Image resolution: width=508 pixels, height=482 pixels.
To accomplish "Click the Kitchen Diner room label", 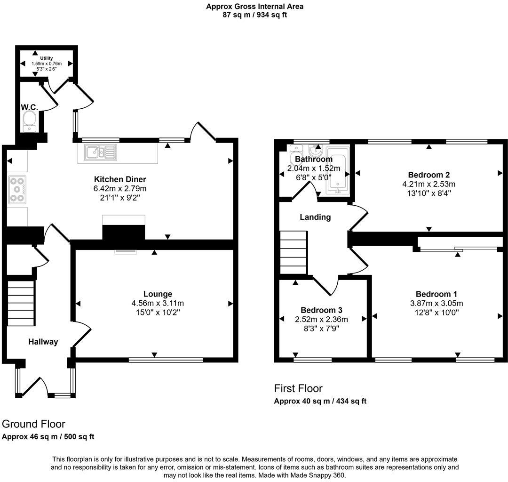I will pos(120,179).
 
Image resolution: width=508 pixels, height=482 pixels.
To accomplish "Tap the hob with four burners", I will pos(17,189).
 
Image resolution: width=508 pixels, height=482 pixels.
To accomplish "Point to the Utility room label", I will pos(46,58).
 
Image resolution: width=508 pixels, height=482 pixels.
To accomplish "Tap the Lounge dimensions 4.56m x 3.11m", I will pos(158,303).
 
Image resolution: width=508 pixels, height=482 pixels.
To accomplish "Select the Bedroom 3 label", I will pos(321,310).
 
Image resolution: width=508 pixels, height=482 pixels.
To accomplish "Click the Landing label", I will pos(315,217).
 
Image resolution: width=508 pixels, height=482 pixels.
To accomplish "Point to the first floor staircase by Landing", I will pos(294,252).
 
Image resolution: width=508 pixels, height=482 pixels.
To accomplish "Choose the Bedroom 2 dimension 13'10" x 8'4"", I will pos(429,193).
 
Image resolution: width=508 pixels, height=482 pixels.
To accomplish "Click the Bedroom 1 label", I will pos(436,294).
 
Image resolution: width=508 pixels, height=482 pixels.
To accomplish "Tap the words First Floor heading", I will pos(298,388).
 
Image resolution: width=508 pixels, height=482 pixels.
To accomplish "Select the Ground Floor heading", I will pos(33,424).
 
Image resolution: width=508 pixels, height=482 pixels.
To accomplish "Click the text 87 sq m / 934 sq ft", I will pos(254,15).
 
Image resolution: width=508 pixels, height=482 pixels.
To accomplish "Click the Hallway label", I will pos(43,342).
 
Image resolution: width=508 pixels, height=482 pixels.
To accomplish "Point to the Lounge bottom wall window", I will pos(166,360).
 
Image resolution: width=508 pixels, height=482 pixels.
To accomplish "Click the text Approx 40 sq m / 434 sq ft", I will pos(320,401).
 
